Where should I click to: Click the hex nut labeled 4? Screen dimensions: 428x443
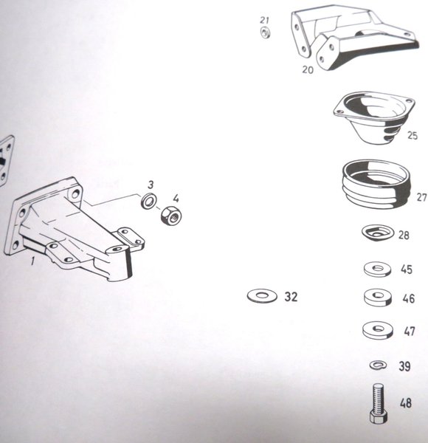click(x=171, y=216)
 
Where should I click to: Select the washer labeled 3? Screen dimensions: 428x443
click(x=149, y=201)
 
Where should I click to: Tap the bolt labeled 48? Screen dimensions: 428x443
click(x=379, y=403)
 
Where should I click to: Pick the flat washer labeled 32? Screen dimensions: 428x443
click(x=262, y=296)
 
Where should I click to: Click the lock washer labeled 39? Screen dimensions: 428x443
click(x=379, y=365)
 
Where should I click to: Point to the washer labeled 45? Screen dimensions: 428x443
click(x=378, y=269)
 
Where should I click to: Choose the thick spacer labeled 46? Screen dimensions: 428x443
click(x=378, y=298)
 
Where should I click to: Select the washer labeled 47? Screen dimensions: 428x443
click(x=378, y=330)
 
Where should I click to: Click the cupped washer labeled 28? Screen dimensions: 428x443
click(x=378, y=233)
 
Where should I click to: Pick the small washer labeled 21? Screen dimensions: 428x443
click(x=265, y=32)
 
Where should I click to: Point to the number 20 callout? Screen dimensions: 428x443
click(x=308, y=69)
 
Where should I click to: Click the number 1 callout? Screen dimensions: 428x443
click(x=33, y=261)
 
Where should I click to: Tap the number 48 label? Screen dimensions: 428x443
click(x=406, y=403)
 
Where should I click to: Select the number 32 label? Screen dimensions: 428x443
click(x=291, y=297)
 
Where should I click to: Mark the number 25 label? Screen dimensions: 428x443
click(x=413, y=135)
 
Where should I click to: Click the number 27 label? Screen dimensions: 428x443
click(x=421, y=197)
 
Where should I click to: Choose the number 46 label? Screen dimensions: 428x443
click(x=409, y=298)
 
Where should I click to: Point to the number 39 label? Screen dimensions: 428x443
click(x=404, y=366)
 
